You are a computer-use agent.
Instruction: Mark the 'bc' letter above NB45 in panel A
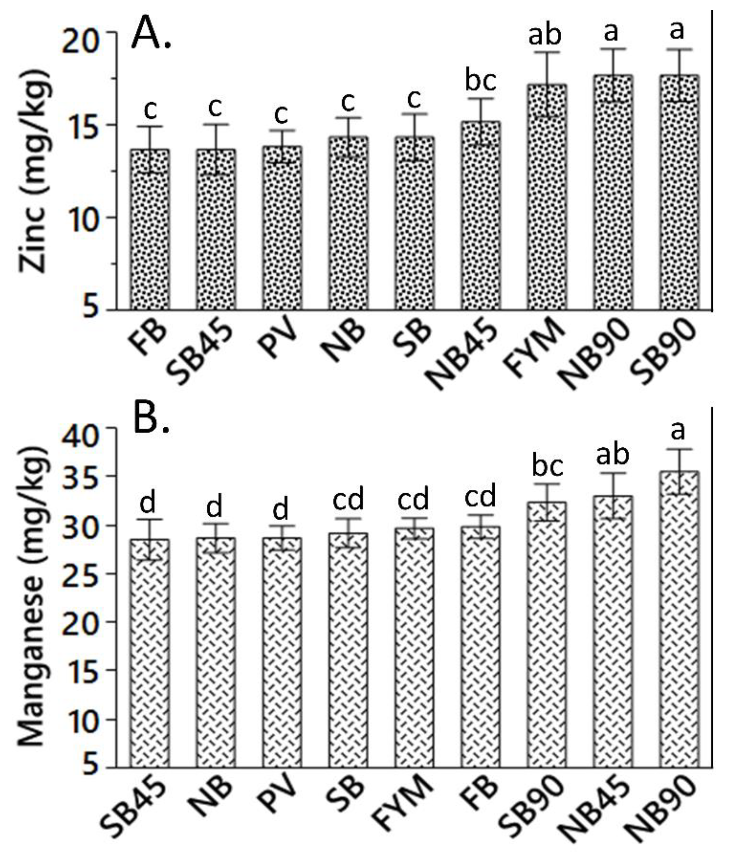point(480,81)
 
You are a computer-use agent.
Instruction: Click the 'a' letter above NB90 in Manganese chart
point(677,431)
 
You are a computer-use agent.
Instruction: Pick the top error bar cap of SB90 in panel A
point(679,49)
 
